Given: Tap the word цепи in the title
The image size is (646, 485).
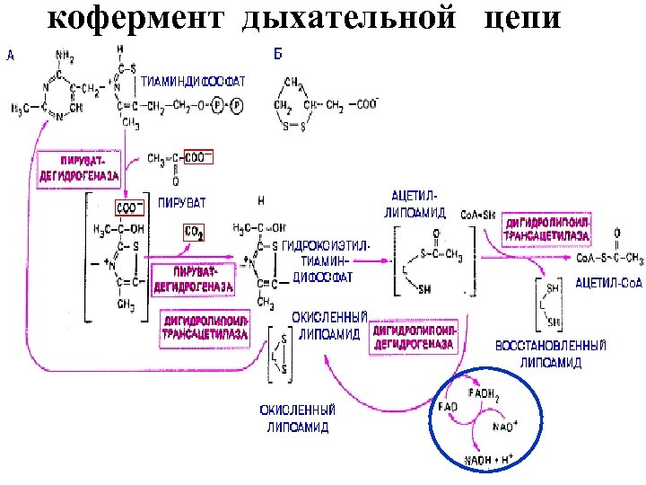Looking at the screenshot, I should (x=523, y=19).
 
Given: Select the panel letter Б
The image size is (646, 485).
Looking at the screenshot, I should (x=276, y=55).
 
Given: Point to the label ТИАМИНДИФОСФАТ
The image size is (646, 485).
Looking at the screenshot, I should (x=195, y=81).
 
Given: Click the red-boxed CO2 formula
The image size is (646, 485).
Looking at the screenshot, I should (x=195, y=233).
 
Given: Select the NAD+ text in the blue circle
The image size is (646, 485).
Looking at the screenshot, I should (x=504, y=427).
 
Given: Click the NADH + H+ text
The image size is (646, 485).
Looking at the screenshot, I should (x=487, y=460).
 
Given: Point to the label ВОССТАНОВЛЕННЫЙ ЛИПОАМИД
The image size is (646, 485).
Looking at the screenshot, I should (x=551, y=354).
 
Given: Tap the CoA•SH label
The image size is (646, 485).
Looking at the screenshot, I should (x=477, y=215).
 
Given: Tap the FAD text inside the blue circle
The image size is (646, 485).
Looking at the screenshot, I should (x=448, y=407).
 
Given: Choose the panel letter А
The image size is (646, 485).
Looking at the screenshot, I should (x=10, y=55).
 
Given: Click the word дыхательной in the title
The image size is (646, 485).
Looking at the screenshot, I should (x=351, y=19).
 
